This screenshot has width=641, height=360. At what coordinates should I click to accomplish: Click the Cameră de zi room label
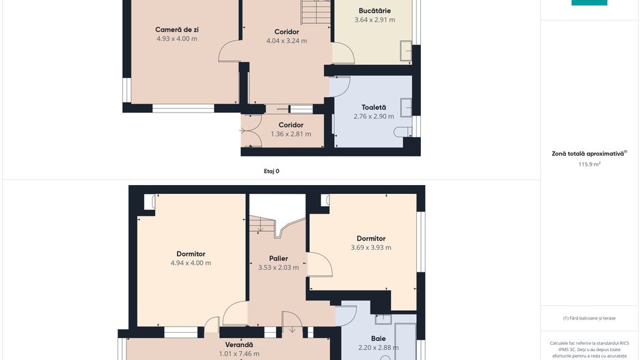click(176, 29)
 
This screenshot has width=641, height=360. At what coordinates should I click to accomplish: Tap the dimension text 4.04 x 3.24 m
click(286, 40)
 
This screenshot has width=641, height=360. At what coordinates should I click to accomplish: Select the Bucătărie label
click(374, 11)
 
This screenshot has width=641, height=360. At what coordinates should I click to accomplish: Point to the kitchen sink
click(406, 51)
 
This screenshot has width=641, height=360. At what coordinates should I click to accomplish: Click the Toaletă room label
click(374, 107)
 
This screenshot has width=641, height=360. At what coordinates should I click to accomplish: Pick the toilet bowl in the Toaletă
click(403, 132)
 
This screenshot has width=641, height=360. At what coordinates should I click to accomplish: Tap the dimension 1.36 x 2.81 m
click(290, 134)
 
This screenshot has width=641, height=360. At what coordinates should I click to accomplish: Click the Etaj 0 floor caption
click(271, 171)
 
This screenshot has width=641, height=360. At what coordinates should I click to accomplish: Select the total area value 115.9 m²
click(589, 164)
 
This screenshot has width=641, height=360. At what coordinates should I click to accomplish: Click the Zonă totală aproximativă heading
click(588, 154)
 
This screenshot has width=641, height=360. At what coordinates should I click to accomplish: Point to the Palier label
click(278, 258)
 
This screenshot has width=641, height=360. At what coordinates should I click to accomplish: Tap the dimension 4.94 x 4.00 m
click(191, 263)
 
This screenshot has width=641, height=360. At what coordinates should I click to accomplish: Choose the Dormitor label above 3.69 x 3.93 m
click(371, 238)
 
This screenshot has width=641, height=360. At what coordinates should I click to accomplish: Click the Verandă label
click(239, 345)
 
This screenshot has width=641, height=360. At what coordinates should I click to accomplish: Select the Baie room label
click(378, 338)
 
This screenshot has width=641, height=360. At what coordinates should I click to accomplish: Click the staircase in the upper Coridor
click(316, 12)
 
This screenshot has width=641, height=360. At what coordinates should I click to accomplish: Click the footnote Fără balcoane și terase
click(589, 318)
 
